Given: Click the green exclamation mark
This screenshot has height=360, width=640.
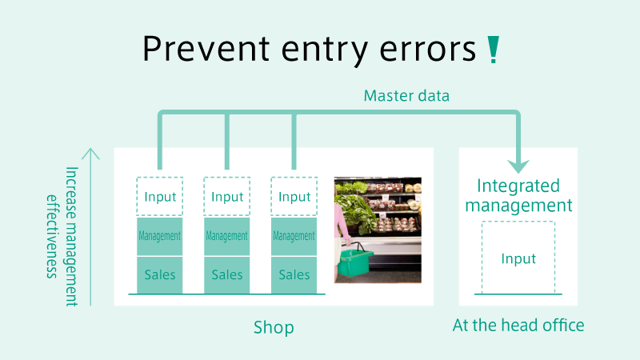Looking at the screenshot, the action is tap(493, 50).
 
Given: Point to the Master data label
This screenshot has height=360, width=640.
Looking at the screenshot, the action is tap(406, 96).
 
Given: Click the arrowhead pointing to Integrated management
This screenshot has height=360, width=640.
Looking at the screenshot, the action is tap(518, 166).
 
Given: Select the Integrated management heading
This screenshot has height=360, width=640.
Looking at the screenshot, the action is tap(518, 195).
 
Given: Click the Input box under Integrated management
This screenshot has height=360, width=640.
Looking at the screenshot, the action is tap(518, 258).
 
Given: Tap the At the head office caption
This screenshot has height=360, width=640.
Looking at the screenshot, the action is tap(518, 326).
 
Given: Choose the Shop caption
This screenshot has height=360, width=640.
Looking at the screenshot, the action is tap(274, 327).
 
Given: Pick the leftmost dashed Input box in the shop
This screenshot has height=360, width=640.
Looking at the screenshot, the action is tap(159, 196).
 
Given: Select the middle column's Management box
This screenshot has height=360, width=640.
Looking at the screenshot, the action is tap(227, 236).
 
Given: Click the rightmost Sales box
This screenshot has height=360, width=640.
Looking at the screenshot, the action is tap(294, 274).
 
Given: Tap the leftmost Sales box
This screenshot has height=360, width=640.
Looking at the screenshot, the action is tap(159, 274).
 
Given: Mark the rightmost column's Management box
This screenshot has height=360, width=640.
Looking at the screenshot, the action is tap(294, 236).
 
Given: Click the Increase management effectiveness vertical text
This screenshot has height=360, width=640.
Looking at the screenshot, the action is tap(62, 236).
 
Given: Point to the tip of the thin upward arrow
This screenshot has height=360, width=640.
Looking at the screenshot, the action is tap(90, 149).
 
